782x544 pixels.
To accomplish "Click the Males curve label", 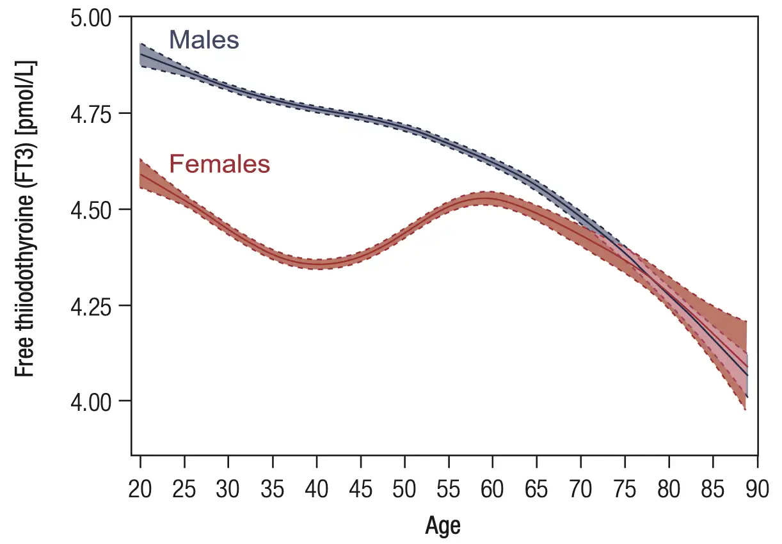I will pyautogui.click(x=204, y=40).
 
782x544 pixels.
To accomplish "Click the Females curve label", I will pyautogui.click(x=219, y=164).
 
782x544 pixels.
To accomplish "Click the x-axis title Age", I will pyautogui.click(x=443, y=526).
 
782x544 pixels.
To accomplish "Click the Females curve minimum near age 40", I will pyautogui.click(x=317, y=264).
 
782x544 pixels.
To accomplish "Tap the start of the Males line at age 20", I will pyautogui.click(x=141, y=55).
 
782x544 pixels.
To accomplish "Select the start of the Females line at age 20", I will pyautogui.click(x=141, y=174).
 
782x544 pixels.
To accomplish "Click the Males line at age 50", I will pyautogui.click(x=404, y=128).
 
